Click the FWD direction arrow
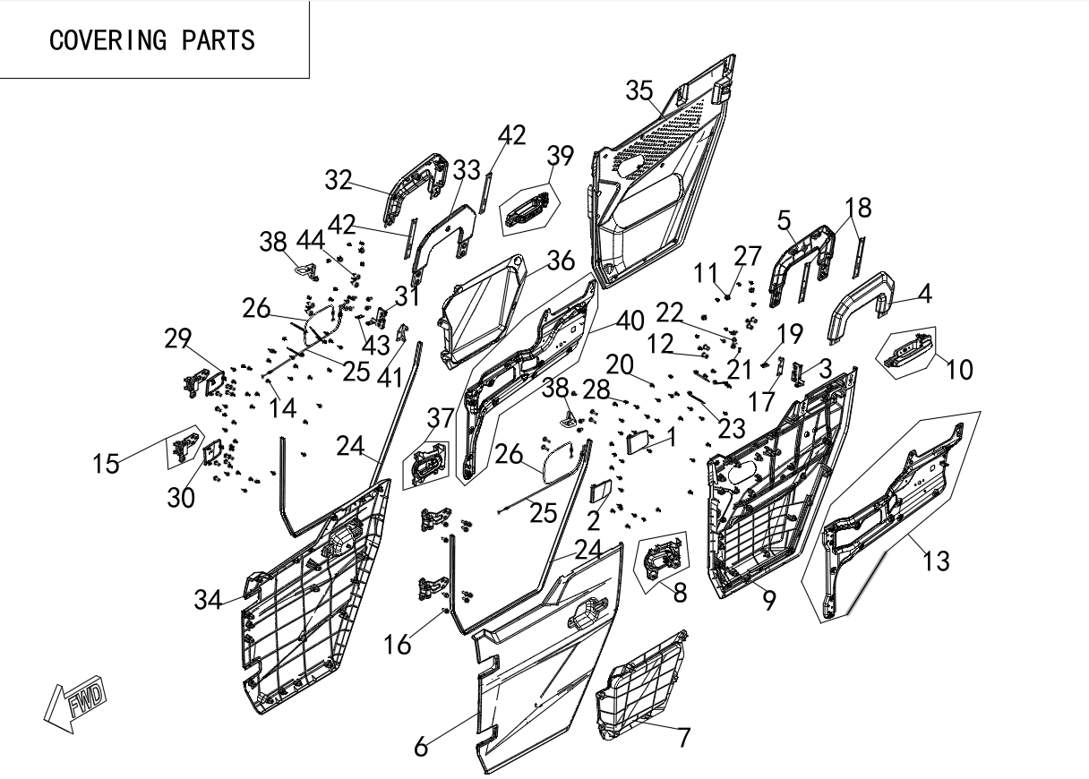75,703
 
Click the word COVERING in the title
108,40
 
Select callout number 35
639,90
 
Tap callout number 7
683,738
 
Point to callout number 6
421,747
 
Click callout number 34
208,600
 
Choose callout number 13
936,561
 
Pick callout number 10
959,370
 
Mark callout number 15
106,464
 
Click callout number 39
560,156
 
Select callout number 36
561,261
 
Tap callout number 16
398,646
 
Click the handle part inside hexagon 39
528,210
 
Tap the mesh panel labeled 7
641,679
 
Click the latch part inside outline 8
663,561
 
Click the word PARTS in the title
219,40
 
